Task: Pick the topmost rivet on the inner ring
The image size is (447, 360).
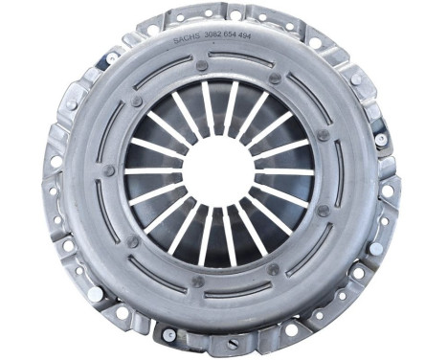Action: click(202, 66)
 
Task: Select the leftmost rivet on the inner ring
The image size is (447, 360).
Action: click(111, 170)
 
